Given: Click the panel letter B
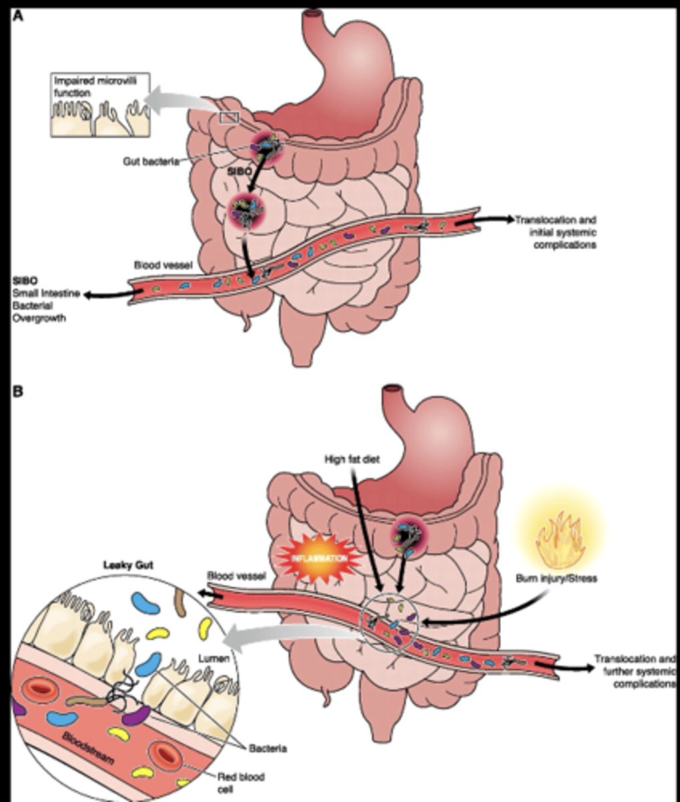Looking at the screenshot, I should (x=19, y=390).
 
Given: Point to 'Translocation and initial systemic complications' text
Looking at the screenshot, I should (x=555, y=232).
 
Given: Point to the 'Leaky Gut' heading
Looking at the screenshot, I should (x=128, y=566).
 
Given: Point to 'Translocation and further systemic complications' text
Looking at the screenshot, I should (x=635, y=671).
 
